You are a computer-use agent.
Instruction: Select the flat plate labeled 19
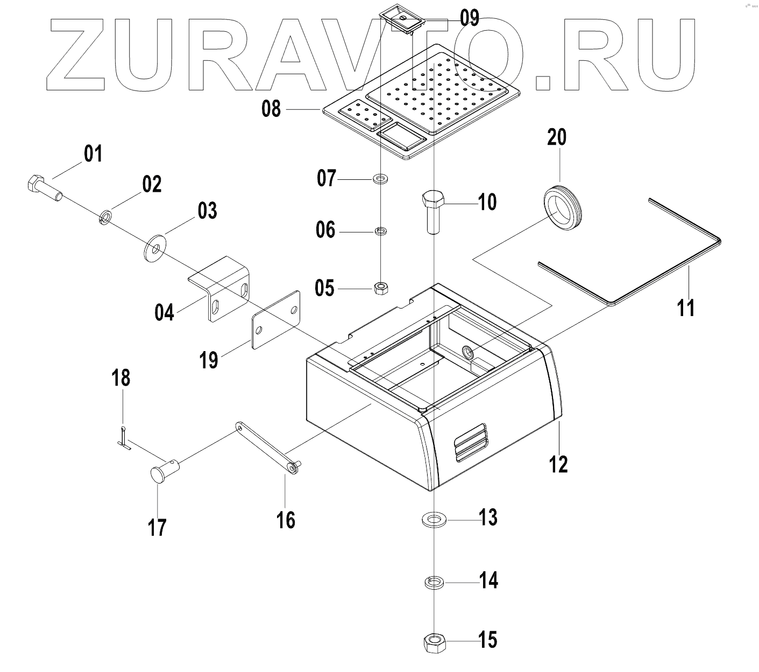click(276, 320)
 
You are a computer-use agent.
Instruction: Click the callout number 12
click(559, 463)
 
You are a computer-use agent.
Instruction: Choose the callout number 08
click(271, 109)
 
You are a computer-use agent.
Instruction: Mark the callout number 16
click(286, 520)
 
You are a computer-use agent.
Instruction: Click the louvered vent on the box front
click(471, 441)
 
